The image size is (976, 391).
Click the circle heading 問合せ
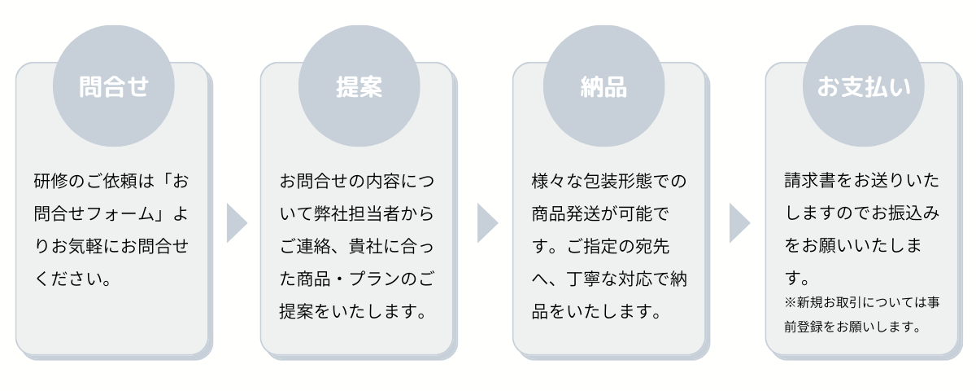click(x=114, y=86)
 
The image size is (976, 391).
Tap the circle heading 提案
click(x=359, y=86)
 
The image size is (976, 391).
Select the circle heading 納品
click(x=603, y=86)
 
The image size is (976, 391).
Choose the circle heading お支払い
click(x=864, y=86)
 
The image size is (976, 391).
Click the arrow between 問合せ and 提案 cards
click(x=237, y=223)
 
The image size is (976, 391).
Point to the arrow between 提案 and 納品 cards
click(x=487, y=223)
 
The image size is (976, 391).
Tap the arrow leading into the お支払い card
click(x=740, y=223)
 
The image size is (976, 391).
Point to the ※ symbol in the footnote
click(x=791, y=302)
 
